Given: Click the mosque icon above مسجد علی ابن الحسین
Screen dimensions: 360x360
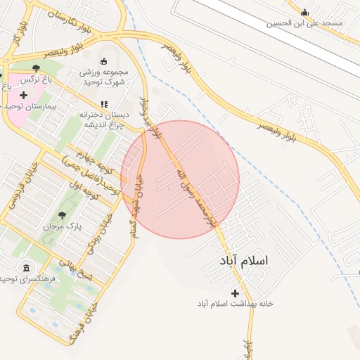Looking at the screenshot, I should [x=304, y=12].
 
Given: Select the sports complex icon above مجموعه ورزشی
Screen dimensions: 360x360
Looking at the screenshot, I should [x=104, y=61].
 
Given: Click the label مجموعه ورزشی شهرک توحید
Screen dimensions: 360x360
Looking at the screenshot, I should [x=103, y=77].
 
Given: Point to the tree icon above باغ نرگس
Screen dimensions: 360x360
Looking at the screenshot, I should [x=36, y=68].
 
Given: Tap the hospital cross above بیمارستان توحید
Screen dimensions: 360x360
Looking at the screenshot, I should [x=24, y=95].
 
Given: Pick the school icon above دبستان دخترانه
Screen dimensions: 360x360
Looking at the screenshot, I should [x=104, y=104].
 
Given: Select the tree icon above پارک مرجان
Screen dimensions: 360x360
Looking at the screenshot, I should [x=62, y=214].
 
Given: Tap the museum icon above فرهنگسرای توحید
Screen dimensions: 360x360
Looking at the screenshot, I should [x=27, y=268].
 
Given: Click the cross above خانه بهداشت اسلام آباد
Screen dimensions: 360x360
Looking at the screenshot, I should [x=235, y=292].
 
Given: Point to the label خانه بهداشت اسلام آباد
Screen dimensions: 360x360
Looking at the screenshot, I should [x=235, y=304].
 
